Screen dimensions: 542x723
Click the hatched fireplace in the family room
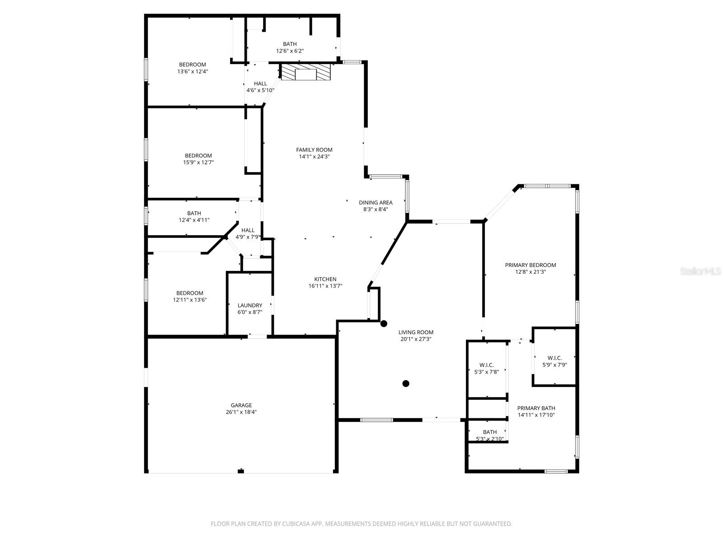pos(306,72)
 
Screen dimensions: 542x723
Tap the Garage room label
pos(241,405)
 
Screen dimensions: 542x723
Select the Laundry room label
pos(250,305)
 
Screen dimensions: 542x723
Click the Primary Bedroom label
pos(531,265)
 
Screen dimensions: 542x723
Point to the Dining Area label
pos(376,203)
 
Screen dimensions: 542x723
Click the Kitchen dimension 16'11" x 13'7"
pos(325,286)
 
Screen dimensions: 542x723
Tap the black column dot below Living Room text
pos(406,383)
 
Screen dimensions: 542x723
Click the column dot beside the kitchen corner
pos(384,323)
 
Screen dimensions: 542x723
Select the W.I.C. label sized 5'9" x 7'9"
pos(554,358)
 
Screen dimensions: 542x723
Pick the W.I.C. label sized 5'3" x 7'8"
pos(487,365)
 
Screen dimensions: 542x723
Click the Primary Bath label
pos(536,408)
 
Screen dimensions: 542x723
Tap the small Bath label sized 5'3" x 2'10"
pos(490,432)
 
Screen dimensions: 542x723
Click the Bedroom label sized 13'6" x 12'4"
pos(192,65)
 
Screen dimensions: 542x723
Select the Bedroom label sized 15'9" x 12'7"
pos(198,156)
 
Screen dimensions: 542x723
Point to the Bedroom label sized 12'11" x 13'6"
pos(190,293)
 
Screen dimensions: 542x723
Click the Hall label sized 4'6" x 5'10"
pos(260,84)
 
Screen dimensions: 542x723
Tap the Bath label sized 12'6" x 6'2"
pos(290,44)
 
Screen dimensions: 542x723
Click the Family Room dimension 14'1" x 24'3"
pos(314,157)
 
